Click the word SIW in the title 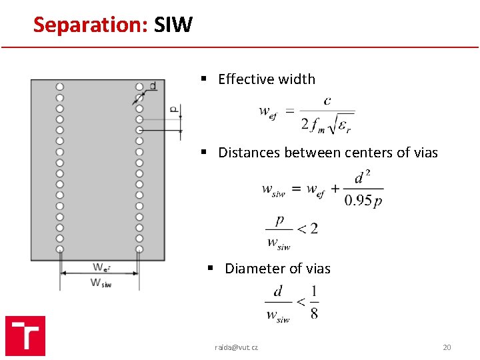173,25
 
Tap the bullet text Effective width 266,79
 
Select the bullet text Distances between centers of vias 327,153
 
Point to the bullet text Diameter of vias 277,269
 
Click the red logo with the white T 25,335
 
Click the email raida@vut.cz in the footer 236,347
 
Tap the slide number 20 447,347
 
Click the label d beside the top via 153,85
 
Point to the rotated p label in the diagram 173,109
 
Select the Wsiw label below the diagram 101,283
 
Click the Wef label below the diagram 101,267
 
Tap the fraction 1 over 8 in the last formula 314,302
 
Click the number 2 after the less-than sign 313,229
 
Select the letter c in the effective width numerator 327,101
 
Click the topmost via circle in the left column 60,87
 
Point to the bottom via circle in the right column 139,249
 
